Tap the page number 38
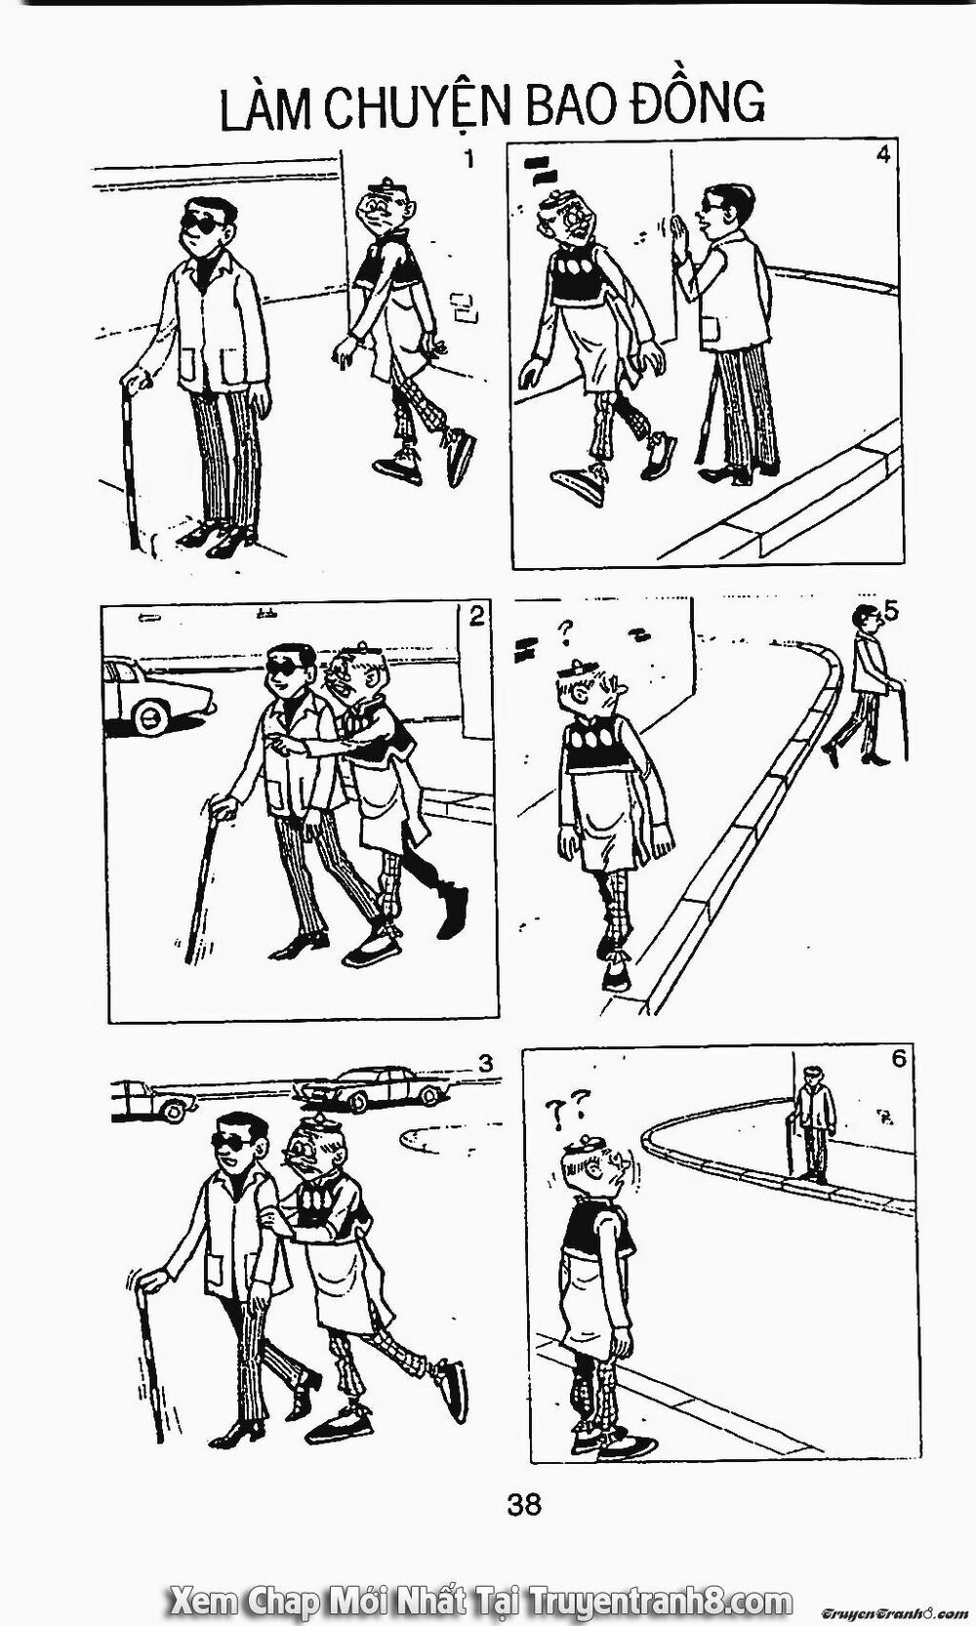[524, 1503]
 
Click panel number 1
[469, 158]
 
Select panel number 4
[882, 156]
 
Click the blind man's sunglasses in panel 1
[204, 225]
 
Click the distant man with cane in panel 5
[868, 686]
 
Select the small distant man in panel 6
[810, 1124]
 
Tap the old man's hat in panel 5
[579, 666]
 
